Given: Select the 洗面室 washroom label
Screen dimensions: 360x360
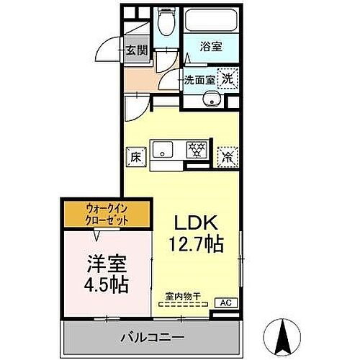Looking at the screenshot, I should pyautogui.click(x=197, y=79).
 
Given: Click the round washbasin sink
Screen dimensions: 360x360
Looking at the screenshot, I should pyautogui.click(x=212, y=100).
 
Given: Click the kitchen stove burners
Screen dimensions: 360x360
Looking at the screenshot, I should pyautogui.click(x=196, y=150).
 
